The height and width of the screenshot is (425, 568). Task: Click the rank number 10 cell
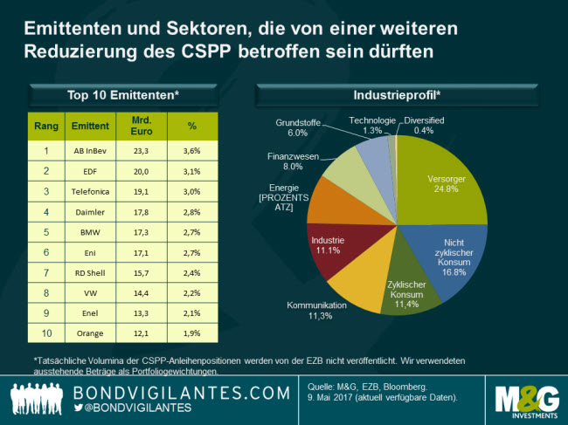[45, 332]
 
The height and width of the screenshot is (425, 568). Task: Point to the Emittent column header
[89, 126]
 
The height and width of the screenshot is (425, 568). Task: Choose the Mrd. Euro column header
[141, 126]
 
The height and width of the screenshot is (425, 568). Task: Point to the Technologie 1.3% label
[371, 125]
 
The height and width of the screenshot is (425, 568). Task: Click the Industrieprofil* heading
[397, 94]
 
